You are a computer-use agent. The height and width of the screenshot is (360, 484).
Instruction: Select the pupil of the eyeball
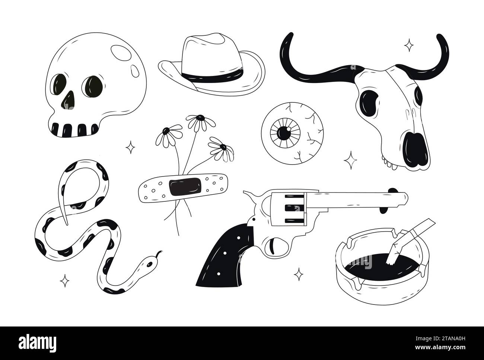284,131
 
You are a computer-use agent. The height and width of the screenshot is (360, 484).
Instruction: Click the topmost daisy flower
197,121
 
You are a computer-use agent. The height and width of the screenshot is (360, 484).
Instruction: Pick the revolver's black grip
227,253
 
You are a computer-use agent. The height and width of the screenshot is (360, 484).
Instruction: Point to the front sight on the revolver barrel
392,191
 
